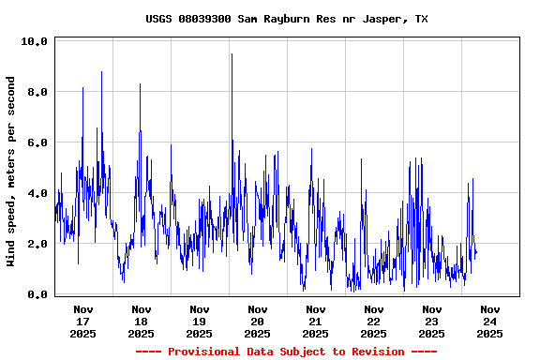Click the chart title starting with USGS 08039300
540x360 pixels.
coord(287,19)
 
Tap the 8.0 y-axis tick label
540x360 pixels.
coord(37,92)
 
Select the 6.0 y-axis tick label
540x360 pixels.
coord(37,142)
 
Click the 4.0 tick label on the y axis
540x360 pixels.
coord(37,193)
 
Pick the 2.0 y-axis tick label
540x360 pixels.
coord(37,244)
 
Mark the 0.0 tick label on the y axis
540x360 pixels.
coord(37,294)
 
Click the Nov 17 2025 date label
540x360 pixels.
coord(82,321)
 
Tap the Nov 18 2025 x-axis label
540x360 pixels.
coord(141,321)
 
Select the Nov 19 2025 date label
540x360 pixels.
coord(199,321)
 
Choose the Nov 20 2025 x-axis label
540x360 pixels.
coord(257,321)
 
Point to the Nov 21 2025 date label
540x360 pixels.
coord(315,321)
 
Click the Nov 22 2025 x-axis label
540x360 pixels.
coord(373,321)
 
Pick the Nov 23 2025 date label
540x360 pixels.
coord(431,321)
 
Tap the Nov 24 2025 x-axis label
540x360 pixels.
coord(489,321)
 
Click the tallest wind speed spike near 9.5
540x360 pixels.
coord(232,55)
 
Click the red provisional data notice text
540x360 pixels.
coord(286,352)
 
